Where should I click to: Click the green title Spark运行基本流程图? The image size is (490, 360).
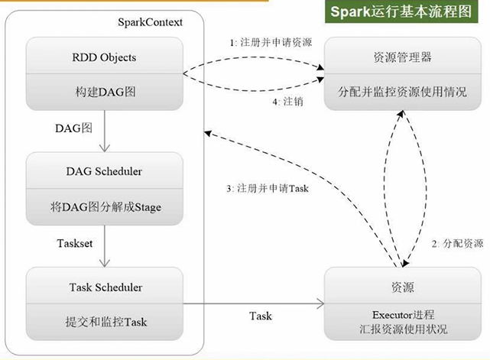pos(401,13)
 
